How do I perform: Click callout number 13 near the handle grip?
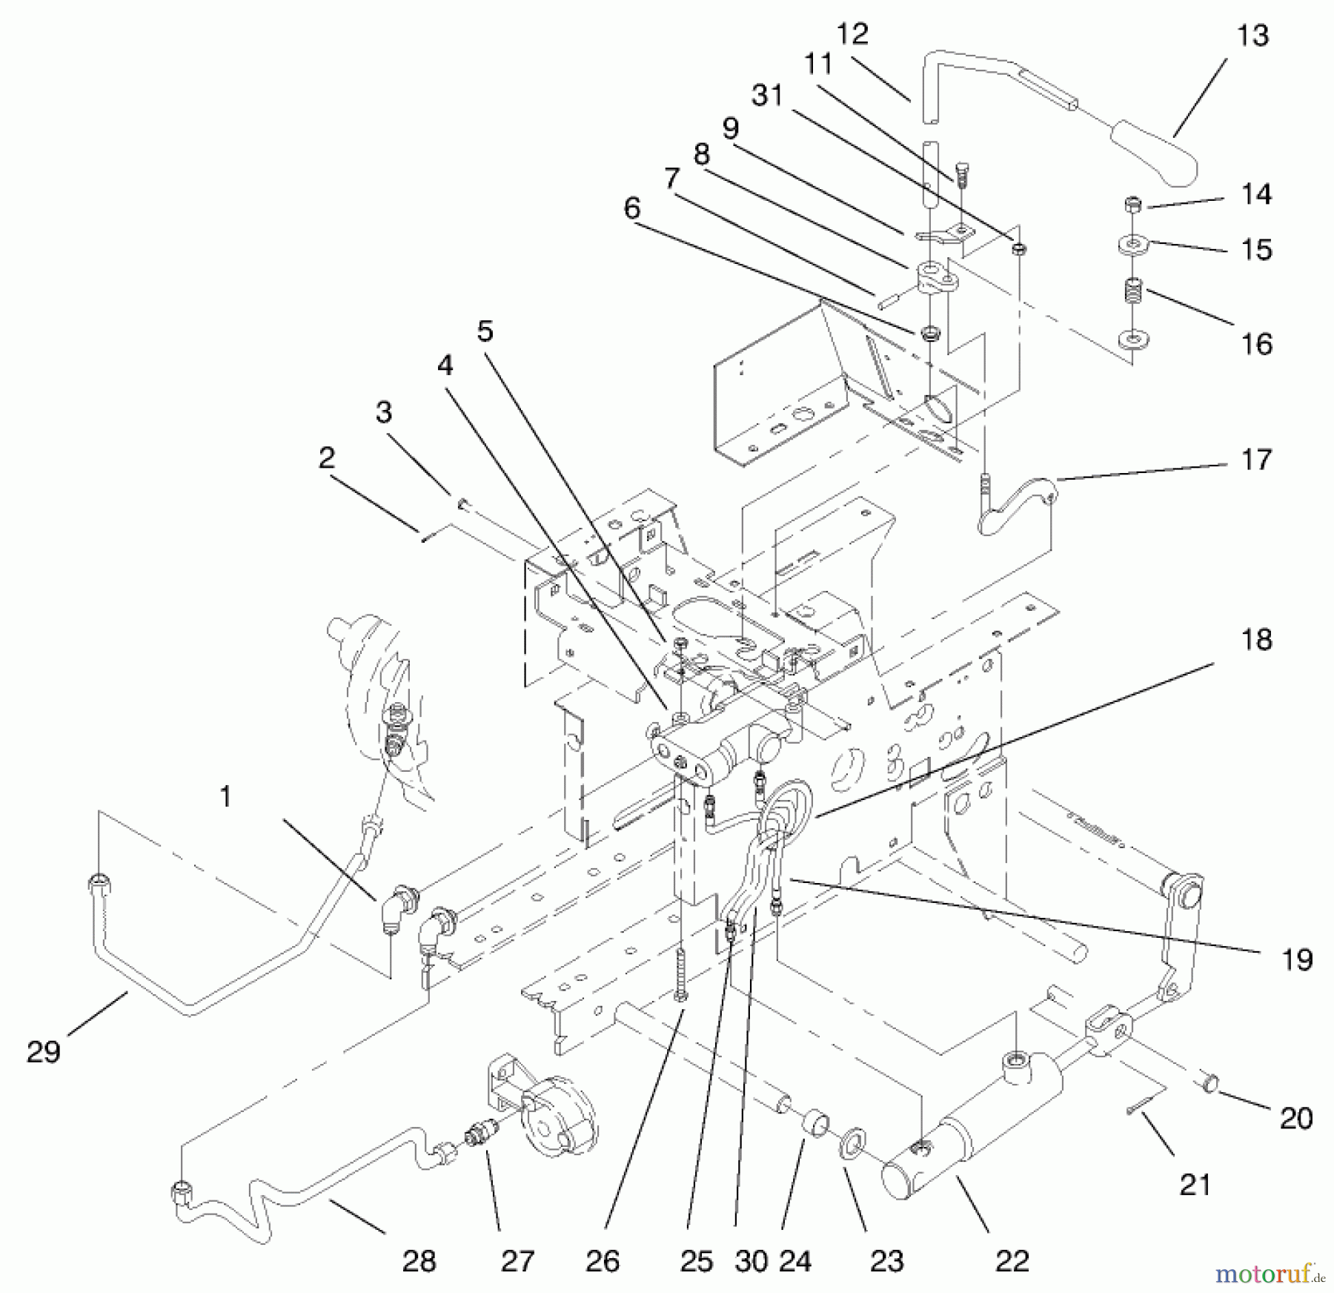(1253, 36)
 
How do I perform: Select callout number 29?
(44, 1052)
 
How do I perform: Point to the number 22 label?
(1012, 1260)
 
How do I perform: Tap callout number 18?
(1257, 639)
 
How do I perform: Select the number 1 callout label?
(225, 797)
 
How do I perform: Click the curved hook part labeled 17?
(1015, 505)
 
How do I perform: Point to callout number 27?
(517, 1260)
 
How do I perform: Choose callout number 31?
(767, 96)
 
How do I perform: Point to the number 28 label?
(419, 1260)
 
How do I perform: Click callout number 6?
(631, 208)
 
